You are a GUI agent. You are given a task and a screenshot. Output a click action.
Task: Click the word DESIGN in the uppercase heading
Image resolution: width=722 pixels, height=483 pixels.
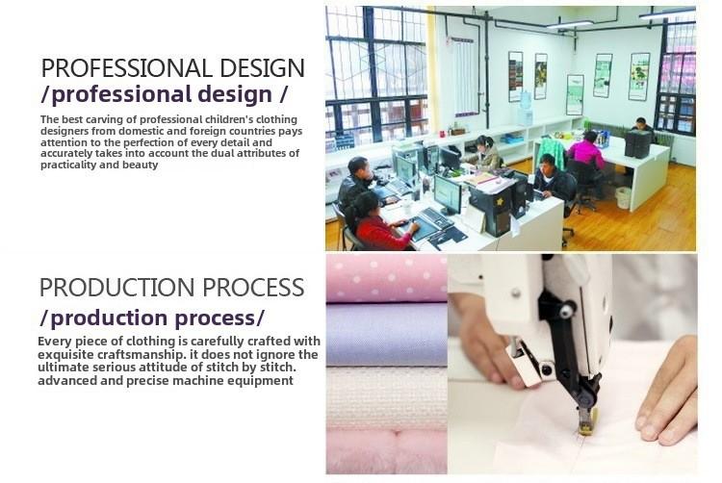coord(262,68)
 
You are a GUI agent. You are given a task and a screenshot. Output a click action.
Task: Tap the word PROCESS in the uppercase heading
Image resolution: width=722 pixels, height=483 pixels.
coord(253,287)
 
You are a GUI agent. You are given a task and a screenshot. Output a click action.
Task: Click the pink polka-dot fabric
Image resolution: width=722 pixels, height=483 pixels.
coord(386,278)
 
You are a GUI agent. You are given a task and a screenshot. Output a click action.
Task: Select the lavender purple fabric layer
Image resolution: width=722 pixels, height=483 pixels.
coord(386,335)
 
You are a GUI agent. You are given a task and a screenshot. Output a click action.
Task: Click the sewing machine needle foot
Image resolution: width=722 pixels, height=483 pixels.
coord(586,420)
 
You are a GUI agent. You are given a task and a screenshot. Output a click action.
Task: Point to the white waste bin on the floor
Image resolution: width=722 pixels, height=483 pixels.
coord(623,198)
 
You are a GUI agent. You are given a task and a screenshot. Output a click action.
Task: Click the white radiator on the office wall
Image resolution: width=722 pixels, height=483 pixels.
coord(464,77)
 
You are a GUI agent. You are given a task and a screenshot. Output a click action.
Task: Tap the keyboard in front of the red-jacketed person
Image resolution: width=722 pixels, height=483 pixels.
coord(435,217)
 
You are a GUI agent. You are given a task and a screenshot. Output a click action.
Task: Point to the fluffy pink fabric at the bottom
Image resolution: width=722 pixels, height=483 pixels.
coord(386,451)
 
